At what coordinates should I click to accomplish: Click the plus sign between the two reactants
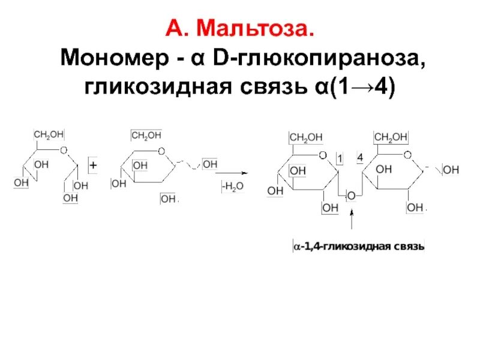pyautogui.click(x=93, y=164)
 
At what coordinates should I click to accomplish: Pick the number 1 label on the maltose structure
pyautogui.click(x=340, y=158)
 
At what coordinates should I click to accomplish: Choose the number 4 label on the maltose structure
pyautogui.click(x=360, y=158)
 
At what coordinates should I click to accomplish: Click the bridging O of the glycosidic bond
pyautogui.click(x=352, y=196)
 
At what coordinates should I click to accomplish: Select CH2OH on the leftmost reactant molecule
pyautogui.click(x=49, y=134)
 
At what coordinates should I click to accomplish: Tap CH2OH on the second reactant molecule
pyautogui.click(x=146, y=136)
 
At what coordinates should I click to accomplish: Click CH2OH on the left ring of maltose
pyautogui.click(x=306, y=138)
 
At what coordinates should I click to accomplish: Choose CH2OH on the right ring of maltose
pyautogui.click(x=391, y=138)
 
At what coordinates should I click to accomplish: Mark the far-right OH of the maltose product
pyautogui.click(x=451, y=170)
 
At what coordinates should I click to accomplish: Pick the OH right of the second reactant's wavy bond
pyautogui.click(x=210, y=164)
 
